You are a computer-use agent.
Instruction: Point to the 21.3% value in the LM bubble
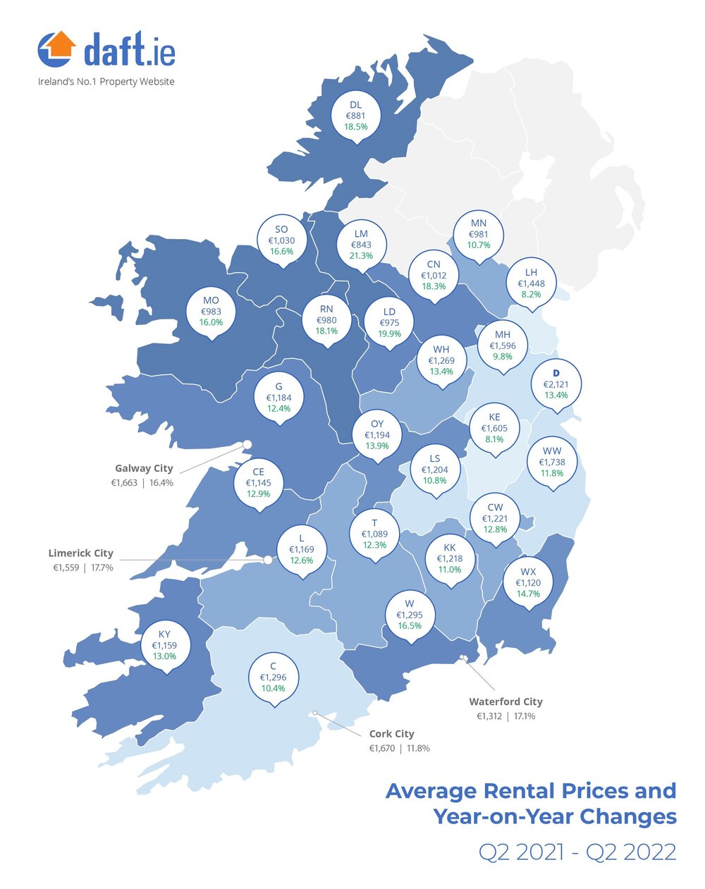(361, 256)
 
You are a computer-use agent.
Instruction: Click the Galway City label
(144, 468)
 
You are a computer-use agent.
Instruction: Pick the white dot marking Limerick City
(268, 560)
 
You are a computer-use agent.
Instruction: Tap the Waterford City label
(505, 701)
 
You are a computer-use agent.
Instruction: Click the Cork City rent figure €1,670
(382, 748)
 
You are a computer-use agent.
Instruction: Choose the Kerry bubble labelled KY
(164, 645)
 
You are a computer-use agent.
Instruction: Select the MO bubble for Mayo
(211, 312)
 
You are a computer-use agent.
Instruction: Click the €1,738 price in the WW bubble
(552, 462)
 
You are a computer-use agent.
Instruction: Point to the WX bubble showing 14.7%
(528, 582)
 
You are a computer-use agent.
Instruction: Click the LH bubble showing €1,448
(531, 283)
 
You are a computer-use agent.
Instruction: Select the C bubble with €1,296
(274, 677)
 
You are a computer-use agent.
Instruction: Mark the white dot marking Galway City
(247, 443)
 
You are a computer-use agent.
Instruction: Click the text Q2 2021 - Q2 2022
(577, 852)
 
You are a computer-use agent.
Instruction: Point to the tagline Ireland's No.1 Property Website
(106, 82)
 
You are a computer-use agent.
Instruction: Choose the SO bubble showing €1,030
(281, 240)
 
